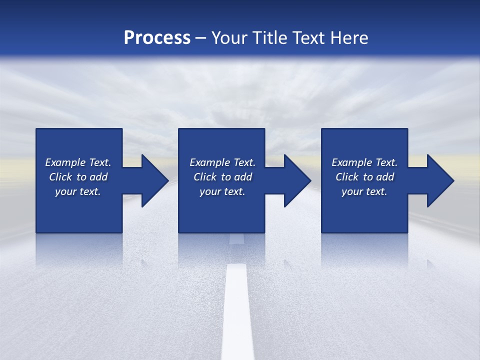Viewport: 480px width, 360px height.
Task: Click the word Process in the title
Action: tap(157, 38)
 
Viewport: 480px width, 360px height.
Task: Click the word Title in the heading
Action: tap(269, 38)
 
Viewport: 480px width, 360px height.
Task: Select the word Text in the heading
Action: tap(309, 38)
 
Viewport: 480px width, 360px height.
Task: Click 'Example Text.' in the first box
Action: tap(78, 162)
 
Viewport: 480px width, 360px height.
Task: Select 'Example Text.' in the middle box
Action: tap(222, 162)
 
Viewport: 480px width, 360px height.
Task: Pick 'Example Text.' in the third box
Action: tap(364, 162)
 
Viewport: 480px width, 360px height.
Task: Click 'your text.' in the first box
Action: tap(78, 191)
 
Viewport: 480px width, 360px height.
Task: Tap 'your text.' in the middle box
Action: tap(222, 191)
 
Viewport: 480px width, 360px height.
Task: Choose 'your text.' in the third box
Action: tap(364, 191)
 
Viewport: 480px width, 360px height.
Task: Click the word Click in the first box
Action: tap(60, 177)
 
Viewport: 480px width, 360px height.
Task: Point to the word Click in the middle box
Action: tap(205, 177)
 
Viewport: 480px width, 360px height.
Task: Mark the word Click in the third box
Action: tap(347, 177)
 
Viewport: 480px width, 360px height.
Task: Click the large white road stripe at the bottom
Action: tap(237, 315)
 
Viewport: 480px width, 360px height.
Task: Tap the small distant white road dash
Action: tap(236, 238)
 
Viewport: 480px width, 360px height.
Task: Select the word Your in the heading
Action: tap(229, 38)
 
